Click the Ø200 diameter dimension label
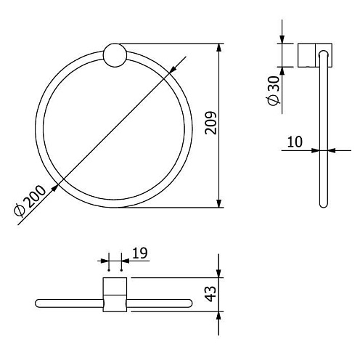30,200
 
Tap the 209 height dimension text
210,123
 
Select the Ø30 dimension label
274,91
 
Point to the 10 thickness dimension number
295,142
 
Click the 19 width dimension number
140,253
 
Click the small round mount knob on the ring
115,55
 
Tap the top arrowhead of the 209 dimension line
218,47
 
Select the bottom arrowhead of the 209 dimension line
218,203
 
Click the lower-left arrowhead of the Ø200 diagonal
55,188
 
